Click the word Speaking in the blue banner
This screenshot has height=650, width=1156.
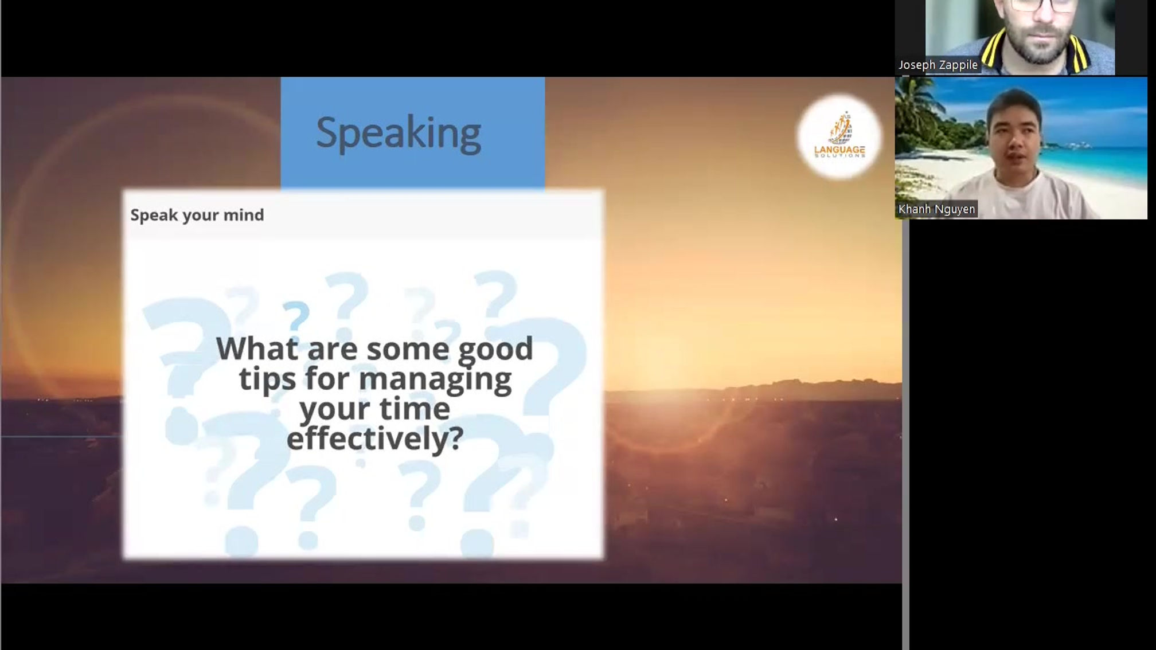[399, 134]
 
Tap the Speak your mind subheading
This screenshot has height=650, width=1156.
[197, 215]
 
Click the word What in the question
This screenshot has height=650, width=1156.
[257, 349]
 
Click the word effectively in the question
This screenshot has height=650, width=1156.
[374, 439]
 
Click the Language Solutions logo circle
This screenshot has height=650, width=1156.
[839, 137]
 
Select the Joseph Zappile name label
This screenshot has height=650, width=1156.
[938, 65]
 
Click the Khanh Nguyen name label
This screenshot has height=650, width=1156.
[936, 209]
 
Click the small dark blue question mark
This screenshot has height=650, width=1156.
[296, 317]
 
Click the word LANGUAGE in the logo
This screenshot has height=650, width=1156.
[839, 150]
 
